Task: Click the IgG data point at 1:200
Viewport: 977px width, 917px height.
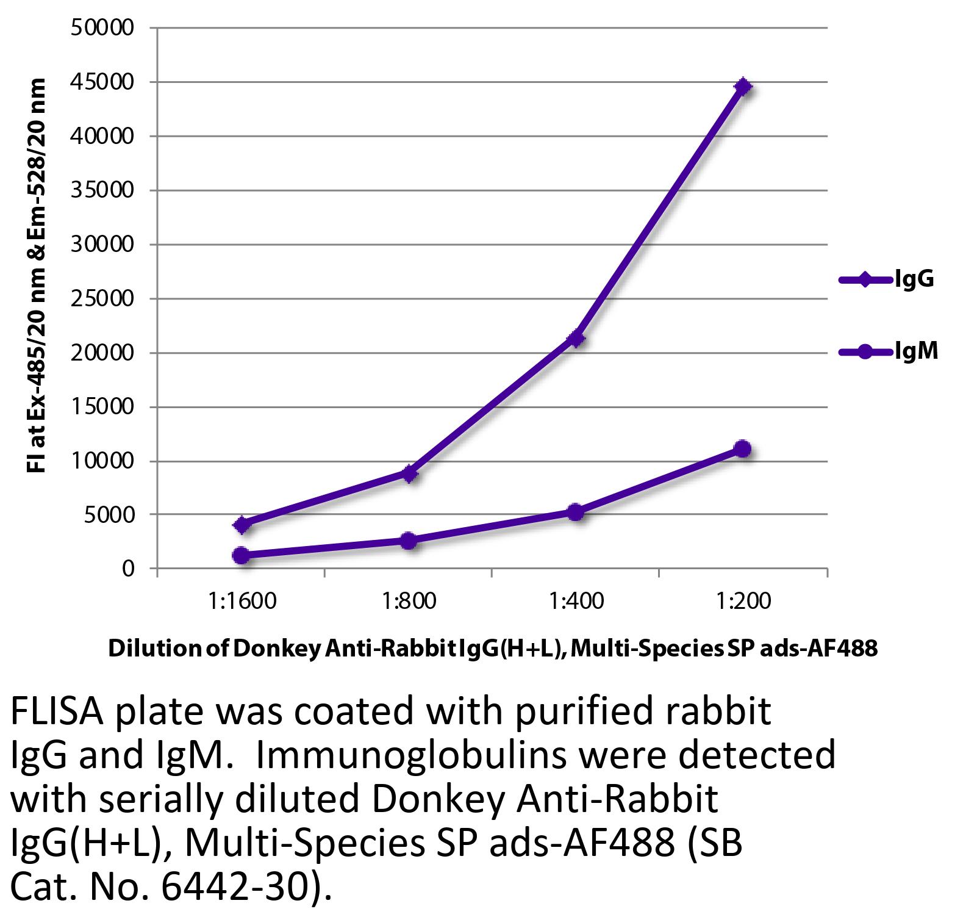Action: pos(743,86)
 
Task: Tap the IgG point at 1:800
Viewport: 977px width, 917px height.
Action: pos(409,473)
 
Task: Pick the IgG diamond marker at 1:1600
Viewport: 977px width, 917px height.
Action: pos(242,524)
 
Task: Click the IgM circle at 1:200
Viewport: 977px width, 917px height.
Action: pos(743,448)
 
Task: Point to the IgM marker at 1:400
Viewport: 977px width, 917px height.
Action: pos(575,512)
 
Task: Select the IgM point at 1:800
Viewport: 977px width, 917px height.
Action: pos(409,540)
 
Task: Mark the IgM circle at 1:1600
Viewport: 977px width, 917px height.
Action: pos(242,555)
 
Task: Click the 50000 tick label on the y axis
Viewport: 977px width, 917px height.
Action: pos(102,28)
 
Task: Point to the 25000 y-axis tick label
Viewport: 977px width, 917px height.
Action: pos(102,299)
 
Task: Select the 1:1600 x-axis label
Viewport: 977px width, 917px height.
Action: pos(242,602)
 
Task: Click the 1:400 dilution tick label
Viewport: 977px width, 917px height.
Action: pos(576,602)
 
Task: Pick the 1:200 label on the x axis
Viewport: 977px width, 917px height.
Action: pos(743,602)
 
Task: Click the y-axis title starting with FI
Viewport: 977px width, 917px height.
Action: pos(36,276)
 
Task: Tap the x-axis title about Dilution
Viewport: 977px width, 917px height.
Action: pos(492,648)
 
